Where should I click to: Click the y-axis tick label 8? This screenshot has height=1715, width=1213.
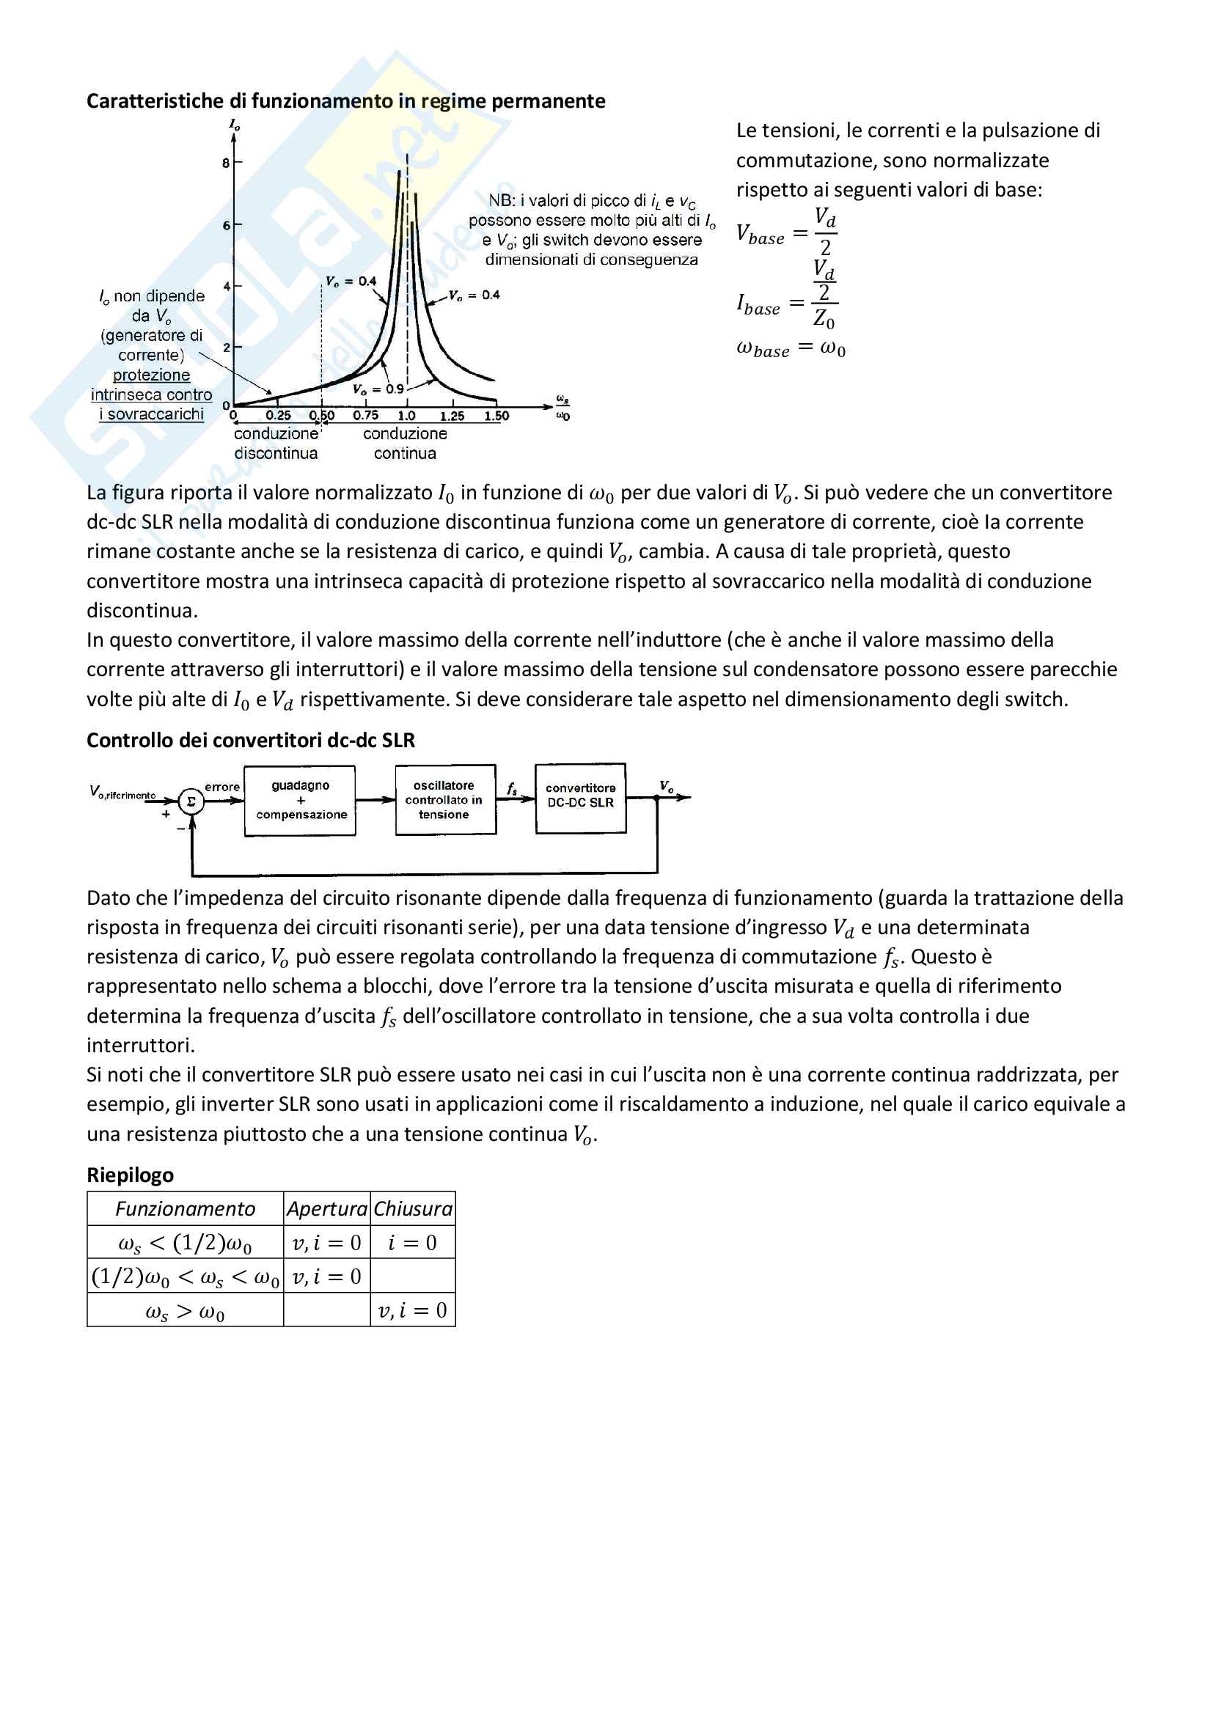[226, 163]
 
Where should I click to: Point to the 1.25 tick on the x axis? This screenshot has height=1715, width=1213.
[452, 416]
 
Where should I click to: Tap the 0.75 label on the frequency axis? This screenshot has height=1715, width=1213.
[366, 415]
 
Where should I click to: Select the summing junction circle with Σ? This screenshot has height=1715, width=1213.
[191, 801]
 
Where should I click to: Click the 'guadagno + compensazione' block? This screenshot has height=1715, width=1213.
[300, 800]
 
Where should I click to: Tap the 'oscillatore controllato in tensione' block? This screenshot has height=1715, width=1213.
[445, 800]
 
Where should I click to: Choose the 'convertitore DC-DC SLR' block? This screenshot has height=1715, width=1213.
[580, 797]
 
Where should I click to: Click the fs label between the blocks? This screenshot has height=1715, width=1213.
[513, 789]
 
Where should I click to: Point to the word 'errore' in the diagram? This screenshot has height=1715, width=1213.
[221, 787]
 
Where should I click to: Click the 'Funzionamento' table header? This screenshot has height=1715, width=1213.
[186, 1209]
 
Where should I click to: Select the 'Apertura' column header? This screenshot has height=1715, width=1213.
[327, 1209]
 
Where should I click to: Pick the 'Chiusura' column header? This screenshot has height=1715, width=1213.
[413, 1209]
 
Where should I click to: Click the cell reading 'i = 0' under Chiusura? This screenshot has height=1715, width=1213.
[412, 1243]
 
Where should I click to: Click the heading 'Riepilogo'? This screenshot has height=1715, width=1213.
[130, 1175]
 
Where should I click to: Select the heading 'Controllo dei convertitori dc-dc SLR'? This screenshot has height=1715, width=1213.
[250, 741]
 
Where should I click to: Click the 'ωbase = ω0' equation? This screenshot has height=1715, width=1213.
[791, 349]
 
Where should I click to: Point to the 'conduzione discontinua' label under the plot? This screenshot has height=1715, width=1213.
[276, 443]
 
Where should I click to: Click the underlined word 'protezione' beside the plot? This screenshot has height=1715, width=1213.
[152, 375]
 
